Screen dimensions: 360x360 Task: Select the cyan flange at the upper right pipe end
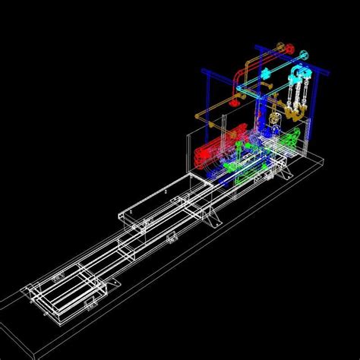coord(305,55)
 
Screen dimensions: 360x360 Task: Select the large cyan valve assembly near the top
coord(298,74)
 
